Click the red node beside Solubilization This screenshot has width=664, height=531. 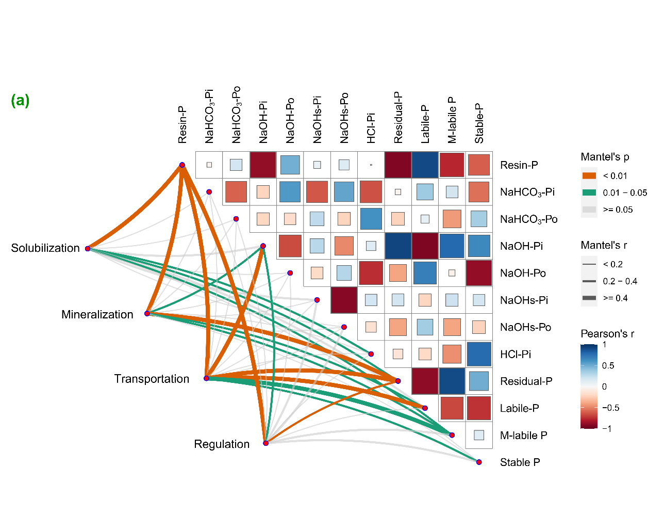[x=88, y=249]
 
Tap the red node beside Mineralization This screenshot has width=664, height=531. [x=147, y=314]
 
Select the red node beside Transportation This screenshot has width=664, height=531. [x=206, y=378]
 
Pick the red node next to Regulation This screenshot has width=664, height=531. [x=265, y=443]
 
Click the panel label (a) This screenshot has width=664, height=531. [x=20, y=101]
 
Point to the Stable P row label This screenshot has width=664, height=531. [x=520, y=462]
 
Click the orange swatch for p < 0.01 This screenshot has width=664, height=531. [x=589, y=176]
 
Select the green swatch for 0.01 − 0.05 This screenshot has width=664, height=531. [x=589, y=192]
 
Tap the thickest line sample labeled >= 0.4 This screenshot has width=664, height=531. [x=589, y=298]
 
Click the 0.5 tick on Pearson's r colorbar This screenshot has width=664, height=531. [x=608, y=365]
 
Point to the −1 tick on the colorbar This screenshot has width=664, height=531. [x=607, y=428]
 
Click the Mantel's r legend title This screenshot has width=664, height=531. [x=604, y=245]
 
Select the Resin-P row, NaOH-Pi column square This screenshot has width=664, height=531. [x=263, y=165]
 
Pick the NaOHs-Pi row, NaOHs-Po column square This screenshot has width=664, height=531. [x=344, y=300]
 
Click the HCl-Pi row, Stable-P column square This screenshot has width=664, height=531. [x=479, y=354]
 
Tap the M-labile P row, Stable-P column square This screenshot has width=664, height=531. [x=479, y=435]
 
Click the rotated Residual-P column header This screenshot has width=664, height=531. [x=398, y=117]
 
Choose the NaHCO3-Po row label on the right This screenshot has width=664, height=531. [x=529, y=219]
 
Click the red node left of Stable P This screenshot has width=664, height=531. [x=479, y=462]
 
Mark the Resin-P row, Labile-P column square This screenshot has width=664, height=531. [x=425, y=165]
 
